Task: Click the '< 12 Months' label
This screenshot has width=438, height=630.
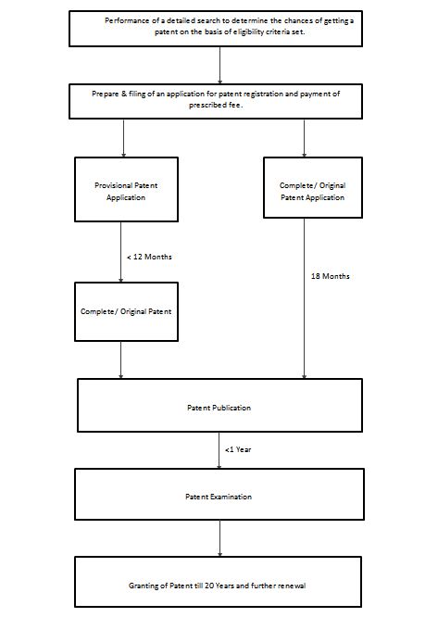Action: click(149, 257)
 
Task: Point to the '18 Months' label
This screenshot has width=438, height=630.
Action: click(330, 276)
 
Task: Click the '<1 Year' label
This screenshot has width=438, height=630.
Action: click(238, 449)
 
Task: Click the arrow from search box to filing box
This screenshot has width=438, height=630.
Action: click(219, 65)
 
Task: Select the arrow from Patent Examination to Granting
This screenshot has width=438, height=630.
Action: click(219, 538)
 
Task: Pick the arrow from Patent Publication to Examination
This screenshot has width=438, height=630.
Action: click(219, 450)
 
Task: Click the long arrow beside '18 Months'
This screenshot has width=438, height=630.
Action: click(304, 298)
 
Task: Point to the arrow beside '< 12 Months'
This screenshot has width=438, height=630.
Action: click(120, 252)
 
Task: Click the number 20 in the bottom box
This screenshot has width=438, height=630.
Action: click(209, 586)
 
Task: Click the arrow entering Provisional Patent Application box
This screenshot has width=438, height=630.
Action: click(123, 138)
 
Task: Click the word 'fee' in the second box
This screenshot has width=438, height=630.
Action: click(235, 106)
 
